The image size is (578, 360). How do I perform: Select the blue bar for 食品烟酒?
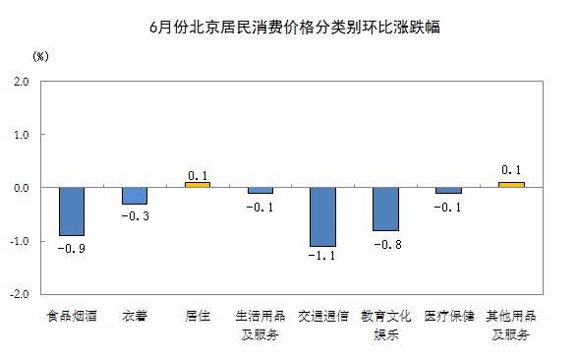pos(72,211)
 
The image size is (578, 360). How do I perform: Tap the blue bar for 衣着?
pos(135,196)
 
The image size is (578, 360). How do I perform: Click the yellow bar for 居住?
pos(198,184)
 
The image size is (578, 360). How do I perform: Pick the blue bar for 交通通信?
pos(323,216)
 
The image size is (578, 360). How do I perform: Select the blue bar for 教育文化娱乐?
pos(385,209)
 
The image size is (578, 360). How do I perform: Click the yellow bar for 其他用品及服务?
pos(511,184)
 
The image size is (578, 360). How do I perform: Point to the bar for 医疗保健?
pos(448,190)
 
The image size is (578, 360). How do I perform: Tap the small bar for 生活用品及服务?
pos(260,190)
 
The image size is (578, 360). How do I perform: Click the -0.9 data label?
pos(72,250)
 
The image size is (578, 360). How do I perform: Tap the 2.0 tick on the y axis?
pos(22,82)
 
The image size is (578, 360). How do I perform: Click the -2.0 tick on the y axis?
pos(20,294)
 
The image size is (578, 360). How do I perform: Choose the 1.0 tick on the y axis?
pos(22,135)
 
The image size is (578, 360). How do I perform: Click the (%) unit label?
pos(40,57)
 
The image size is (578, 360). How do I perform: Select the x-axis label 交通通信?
pos(323,317)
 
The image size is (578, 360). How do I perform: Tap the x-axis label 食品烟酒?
pos(72,317)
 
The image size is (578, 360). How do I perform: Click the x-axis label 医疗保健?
pos(448,317)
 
